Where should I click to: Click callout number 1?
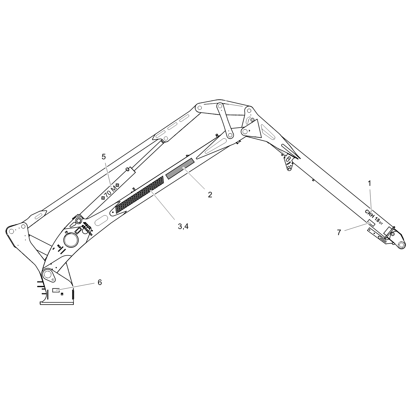(369, 183)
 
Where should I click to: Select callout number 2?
(210, 194)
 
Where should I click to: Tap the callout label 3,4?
(183, 226)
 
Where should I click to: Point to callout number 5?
(104, 157)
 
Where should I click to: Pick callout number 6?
(100, 282)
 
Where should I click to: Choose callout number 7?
(339, 232)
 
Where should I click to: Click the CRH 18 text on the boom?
(374, 217)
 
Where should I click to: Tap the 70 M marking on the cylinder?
(110, 192)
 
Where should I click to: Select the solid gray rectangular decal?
(180, 168)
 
